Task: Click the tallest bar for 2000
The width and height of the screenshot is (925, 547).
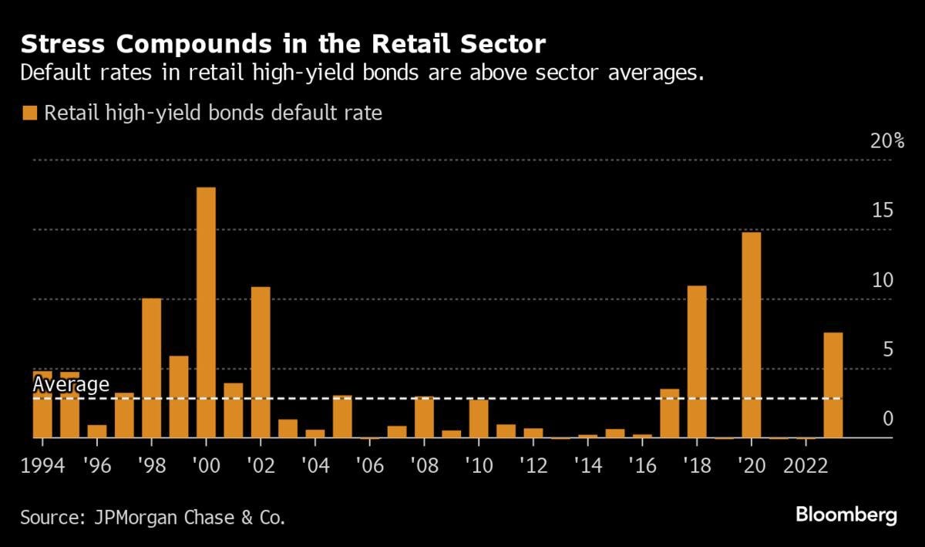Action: [x=206, y=312]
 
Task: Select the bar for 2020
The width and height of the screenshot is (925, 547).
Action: [x=752, y=335]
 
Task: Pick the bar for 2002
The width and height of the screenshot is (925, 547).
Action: [x=261, y=362]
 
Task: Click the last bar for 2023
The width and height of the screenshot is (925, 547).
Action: [x=833, y=385]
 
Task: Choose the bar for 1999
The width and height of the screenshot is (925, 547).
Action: [x=179, y=397]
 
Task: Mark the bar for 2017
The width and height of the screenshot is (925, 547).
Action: [x=670, y=413]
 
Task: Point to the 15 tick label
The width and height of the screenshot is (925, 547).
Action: [x=882, y=211]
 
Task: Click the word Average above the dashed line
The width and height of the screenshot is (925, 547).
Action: [x=71, y=384]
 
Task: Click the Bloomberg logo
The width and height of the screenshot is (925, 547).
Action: [x=846, y=515]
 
